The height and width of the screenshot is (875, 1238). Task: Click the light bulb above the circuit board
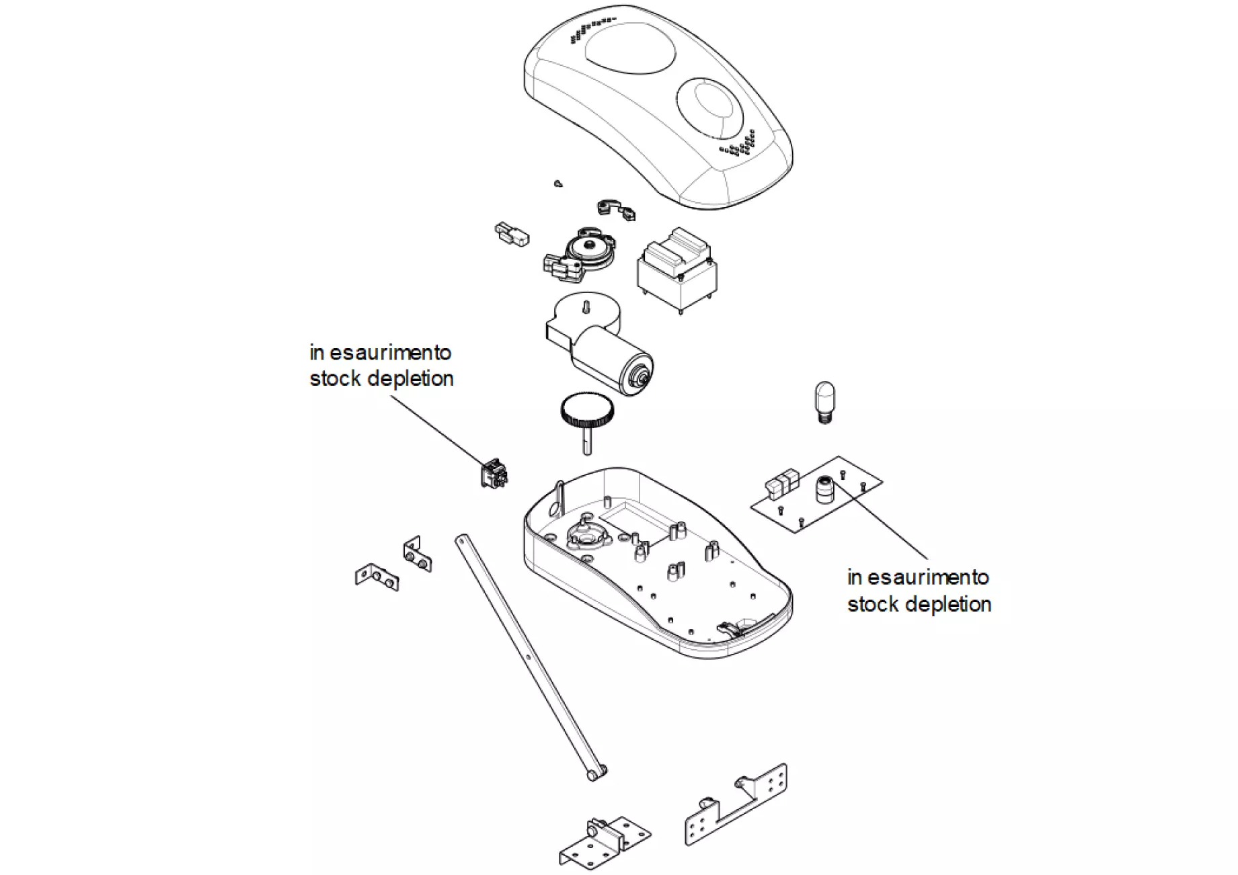point(824,399)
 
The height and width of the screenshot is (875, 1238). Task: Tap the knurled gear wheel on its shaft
point(586,411)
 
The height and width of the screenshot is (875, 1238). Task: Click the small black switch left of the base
point(494,473)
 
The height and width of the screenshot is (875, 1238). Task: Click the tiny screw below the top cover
point(558,183)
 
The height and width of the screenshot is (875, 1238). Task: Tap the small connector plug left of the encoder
point(512,235)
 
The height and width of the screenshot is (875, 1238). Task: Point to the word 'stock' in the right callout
point(871,604)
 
